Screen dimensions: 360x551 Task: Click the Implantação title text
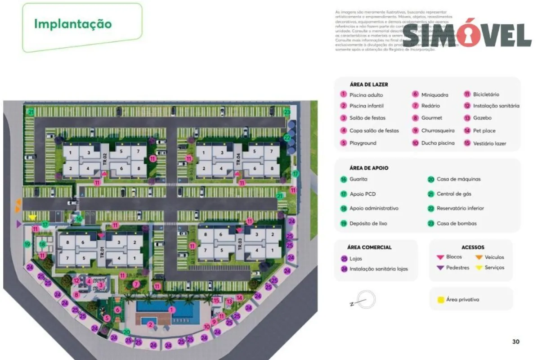[x=73, y=24]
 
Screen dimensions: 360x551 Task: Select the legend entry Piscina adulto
[x=366, y=95]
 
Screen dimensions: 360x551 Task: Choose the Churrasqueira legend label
[x=438, y=130]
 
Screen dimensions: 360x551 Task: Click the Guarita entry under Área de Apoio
[x=358, y=179]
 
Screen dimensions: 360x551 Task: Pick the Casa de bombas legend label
[x=456, y=223]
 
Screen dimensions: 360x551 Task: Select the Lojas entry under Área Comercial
[x=355, y=259]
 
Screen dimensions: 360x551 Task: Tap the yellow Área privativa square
[x=440, y=299]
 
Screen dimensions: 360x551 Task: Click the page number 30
[x=515, y=342]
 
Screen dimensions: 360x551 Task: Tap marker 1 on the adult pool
[x=171, y=310]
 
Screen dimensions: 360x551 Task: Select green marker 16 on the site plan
[x=79, y=219]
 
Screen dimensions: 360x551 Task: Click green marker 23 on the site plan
[x=287, y=112]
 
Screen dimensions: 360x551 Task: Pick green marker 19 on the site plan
[x=27, y=244]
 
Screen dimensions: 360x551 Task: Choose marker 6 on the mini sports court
[x=117, y=310]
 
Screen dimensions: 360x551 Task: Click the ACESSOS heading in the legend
[x=473, y=247]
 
